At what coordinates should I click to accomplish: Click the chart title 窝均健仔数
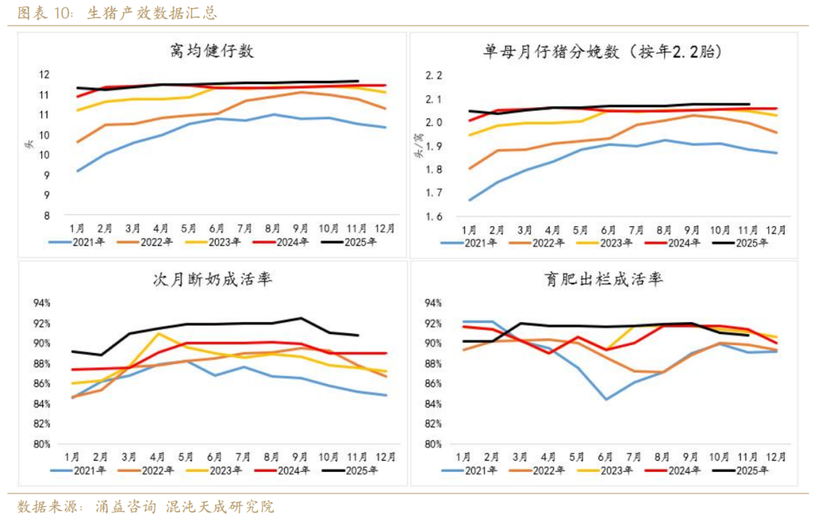point(211,51)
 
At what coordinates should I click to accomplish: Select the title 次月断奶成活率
point(211,280)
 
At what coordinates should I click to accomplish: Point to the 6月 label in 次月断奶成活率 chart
point(216,456)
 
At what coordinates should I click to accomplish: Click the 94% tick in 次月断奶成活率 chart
point(41,303)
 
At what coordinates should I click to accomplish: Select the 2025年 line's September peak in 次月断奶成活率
point(301,318)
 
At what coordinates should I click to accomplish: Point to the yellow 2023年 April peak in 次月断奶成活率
point(158,333)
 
